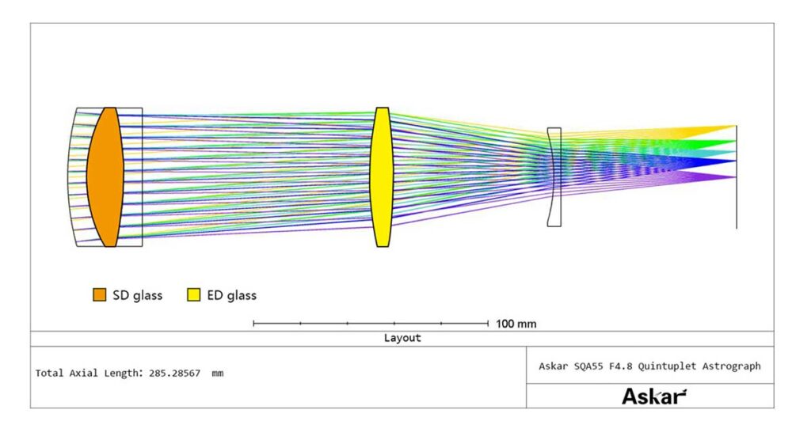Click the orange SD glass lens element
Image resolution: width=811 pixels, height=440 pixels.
[105, 176]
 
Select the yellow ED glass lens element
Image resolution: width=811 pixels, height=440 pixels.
[382, 176]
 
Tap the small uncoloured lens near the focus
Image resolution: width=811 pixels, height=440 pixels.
[554, 176]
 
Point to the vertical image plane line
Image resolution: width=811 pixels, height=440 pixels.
[737, 176]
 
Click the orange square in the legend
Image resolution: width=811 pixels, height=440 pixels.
[99, 294]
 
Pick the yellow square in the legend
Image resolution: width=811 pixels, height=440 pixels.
[193, 294]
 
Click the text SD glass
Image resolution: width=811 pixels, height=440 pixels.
[138, 295]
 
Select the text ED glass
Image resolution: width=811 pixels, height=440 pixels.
[232, 295]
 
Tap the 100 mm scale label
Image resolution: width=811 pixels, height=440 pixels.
[516, 324]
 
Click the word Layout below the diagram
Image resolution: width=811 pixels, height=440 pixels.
[402, 338]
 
